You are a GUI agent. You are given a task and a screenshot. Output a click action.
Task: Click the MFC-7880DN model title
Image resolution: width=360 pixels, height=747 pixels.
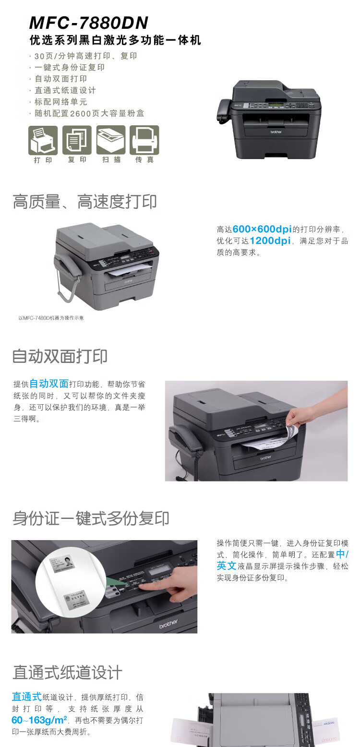(89, 23)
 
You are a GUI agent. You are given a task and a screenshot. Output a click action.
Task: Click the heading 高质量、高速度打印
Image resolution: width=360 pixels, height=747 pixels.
(84, 202)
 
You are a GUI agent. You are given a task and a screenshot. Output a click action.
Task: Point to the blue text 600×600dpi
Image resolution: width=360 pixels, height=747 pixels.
(262, 229)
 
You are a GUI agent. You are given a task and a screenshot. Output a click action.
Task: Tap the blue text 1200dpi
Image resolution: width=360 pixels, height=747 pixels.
(270, 241)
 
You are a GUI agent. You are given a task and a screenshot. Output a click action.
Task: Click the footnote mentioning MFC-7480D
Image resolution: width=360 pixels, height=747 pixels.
(51, 318)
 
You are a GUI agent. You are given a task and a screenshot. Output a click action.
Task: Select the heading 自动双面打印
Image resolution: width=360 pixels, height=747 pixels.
(60, 356)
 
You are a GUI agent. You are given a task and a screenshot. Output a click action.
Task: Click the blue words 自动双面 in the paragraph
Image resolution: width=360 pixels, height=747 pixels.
(49, 384)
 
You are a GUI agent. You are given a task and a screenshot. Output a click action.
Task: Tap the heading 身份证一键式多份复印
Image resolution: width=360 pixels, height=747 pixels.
(91, 518)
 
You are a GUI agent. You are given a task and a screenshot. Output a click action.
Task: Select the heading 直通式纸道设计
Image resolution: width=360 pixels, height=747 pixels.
(67, 672)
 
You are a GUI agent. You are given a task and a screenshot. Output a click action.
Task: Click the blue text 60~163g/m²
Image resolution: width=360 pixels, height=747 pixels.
(39, 720)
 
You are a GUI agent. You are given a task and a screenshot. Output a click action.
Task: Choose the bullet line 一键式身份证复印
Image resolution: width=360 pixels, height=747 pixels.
(70, 67)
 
